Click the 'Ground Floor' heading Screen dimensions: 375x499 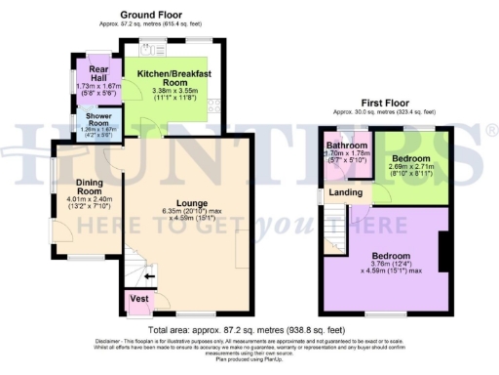[x=150, y=17]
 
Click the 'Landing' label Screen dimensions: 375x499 [x=347, y=193]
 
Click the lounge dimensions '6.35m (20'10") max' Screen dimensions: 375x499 [x=178, y=212]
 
